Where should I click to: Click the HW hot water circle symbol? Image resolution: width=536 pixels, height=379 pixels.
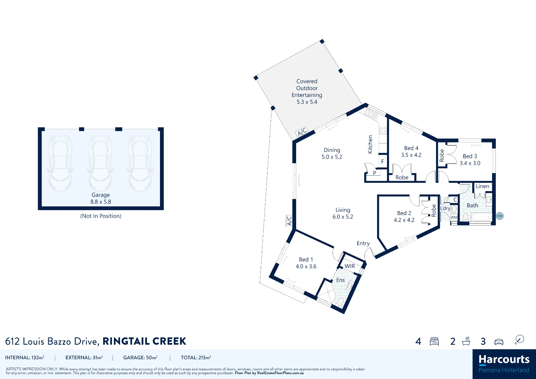click(500, 216)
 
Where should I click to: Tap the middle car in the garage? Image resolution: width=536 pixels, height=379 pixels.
click(100, 163)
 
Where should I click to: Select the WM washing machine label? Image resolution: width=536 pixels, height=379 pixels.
click(454, 217)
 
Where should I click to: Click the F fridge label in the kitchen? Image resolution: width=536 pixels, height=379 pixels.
click(382, 162)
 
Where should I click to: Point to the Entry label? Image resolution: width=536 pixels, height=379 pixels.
click(363, 243)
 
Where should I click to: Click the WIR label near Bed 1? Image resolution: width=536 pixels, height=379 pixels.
click(350, 266)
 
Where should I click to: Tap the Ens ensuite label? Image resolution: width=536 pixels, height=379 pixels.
click(340, 280)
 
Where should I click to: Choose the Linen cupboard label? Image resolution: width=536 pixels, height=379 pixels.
click(482, 186)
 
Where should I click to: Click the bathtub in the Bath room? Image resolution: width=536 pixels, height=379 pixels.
click(481, 217)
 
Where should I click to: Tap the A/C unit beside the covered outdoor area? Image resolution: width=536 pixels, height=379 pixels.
click(302, 132)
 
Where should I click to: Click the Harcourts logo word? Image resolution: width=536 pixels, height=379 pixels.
click(504, 359)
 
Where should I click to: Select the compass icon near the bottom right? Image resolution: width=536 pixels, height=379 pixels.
click(519, 340)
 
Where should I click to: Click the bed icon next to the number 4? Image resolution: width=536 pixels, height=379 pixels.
click(434, 341)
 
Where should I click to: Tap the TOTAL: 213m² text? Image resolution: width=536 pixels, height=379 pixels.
click(196, 358)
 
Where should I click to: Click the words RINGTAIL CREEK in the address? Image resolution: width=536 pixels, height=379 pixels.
click(144, 341)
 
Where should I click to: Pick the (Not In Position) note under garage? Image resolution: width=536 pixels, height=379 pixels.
click(101, 216)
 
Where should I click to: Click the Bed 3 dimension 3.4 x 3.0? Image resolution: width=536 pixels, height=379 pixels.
click(470, 163)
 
